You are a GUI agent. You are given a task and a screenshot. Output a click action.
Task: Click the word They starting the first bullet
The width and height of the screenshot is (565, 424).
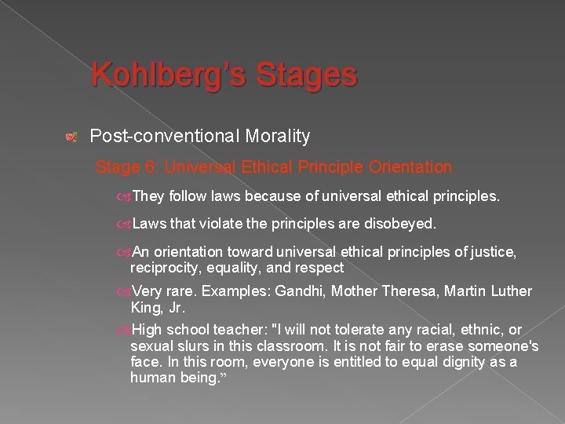[148, 196]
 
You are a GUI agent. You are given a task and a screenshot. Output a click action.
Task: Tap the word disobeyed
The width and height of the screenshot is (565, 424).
[396, 225]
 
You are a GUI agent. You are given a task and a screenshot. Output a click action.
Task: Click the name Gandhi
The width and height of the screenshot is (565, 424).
[303, 292]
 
